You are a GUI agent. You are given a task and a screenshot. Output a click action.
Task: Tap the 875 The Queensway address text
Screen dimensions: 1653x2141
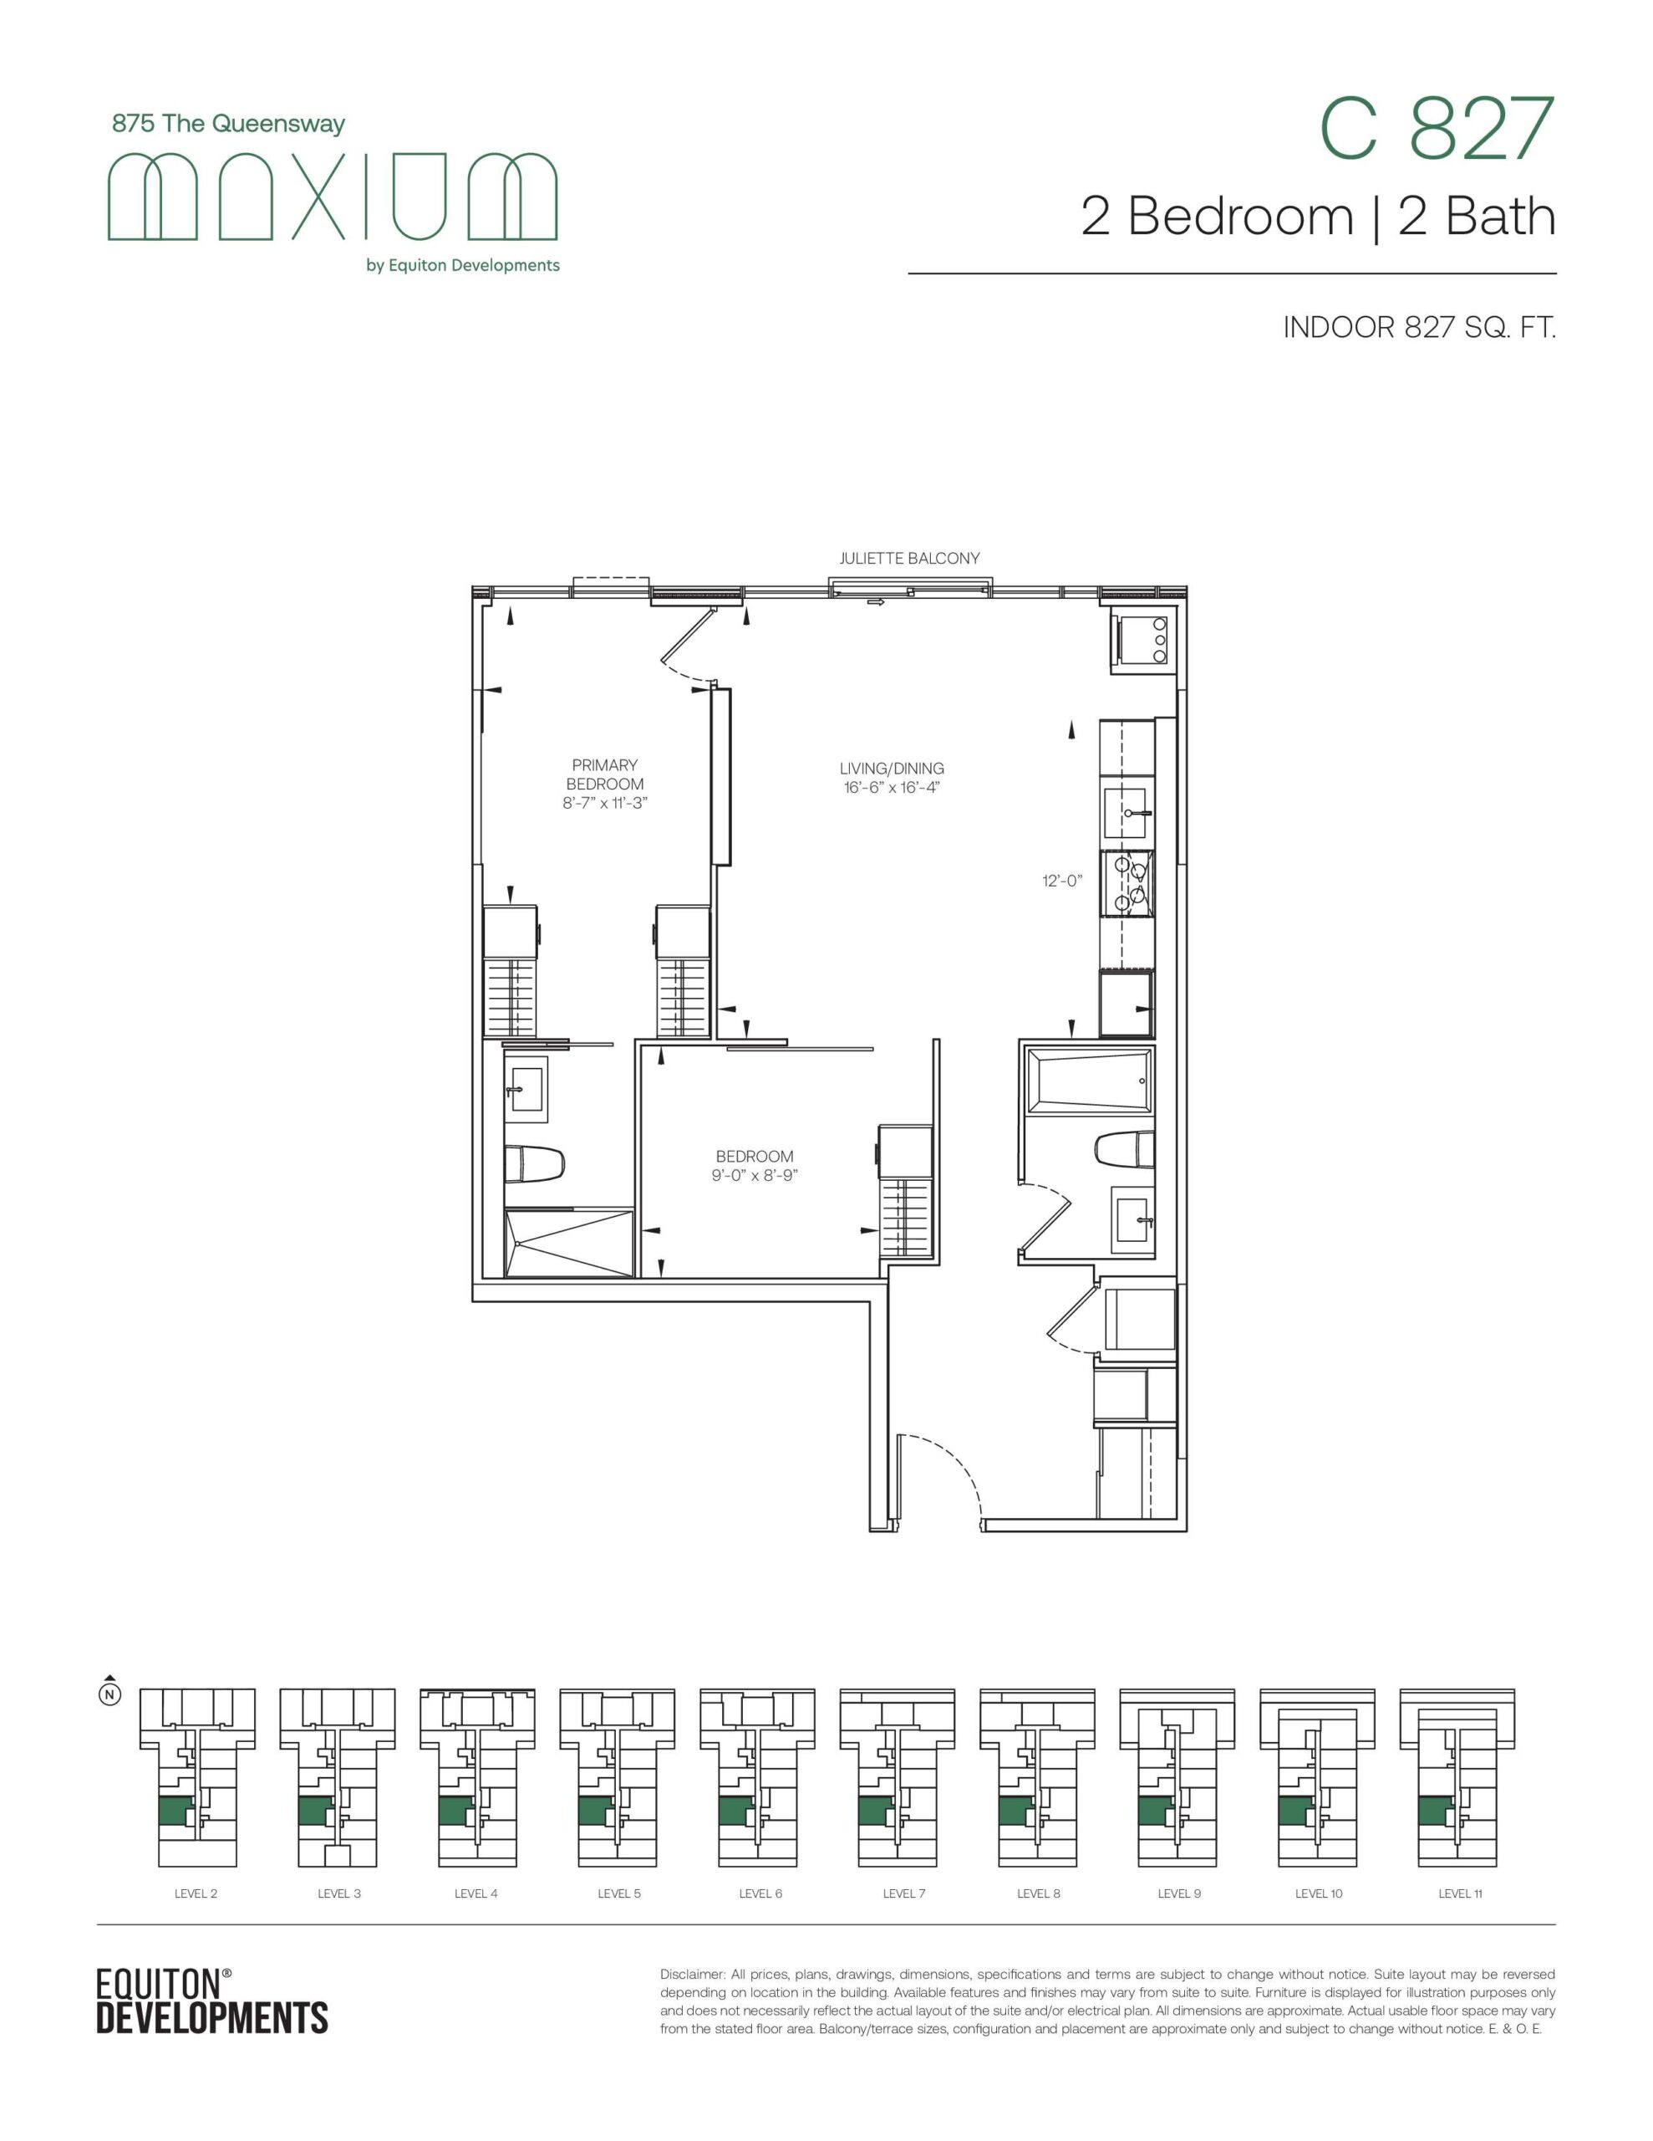228,125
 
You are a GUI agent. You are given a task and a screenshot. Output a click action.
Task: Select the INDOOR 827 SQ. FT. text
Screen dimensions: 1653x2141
1420,329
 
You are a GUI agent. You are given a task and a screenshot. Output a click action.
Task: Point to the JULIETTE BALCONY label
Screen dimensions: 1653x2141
909,559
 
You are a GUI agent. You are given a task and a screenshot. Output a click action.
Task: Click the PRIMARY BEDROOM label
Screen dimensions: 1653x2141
604,774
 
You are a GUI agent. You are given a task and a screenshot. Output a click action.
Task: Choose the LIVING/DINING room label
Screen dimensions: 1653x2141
892,769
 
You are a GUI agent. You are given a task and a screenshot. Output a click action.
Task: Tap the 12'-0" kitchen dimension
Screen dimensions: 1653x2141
1061,881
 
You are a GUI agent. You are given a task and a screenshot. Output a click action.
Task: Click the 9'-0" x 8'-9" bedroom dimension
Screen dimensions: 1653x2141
755,1175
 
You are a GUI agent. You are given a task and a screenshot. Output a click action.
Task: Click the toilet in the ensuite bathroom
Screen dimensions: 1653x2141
535,1165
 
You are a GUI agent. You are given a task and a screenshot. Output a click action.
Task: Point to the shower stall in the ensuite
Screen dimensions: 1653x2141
569,1243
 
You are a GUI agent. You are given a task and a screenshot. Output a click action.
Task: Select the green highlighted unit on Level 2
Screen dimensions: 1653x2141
175,1810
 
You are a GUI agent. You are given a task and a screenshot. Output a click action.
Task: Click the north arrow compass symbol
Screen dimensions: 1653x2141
110,1690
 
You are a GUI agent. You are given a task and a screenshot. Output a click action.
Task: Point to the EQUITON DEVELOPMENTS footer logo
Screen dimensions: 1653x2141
211,2000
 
